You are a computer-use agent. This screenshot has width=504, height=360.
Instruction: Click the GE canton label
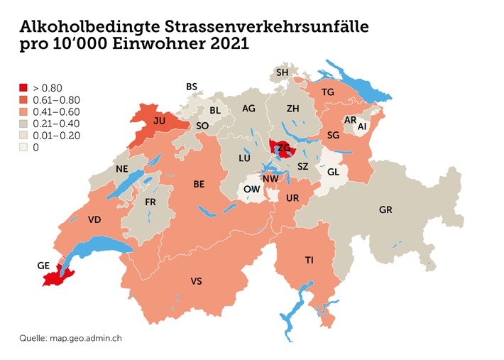point(43,265)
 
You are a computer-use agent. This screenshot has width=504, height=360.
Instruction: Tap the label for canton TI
point(309,261)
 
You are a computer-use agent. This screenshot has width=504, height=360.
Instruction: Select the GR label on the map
point(385,210)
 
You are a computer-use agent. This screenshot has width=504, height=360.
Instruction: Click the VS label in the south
point(197,282)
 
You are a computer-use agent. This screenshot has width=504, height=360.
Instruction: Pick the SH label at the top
point(283,72)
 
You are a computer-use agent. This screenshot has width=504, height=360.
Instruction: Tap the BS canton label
point(192,87)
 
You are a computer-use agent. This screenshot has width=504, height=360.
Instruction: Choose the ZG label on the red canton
point(283,148)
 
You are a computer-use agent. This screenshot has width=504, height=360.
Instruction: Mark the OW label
point(251,190)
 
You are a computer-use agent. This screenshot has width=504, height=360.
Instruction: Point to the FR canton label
point(150,202)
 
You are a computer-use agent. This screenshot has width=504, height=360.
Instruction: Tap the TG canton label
point(327,92)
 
